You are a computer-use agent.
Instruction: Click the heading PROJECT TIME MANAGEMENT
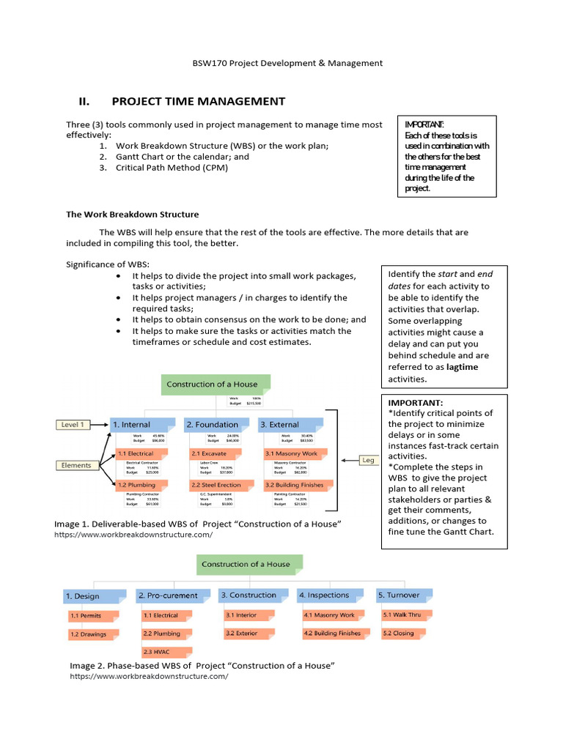(198, 101)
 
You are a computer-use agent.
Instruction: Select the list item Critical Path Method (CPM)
(172, 168)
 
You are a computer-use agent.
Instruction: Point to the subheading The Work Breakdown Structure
(132, 215)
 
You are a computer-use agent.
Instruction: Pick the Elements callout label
(76, 465)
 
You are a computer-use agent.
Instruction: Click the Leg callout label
(367, 460)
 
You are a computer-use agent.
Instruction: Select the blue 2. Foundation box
(216, 425)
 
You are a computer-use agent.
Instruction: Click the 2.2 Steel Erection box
(216, 485)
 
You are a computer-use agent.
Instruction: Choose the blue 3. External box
(290, 425)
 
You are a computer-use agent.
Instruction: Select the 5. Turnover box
(401, 595)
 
